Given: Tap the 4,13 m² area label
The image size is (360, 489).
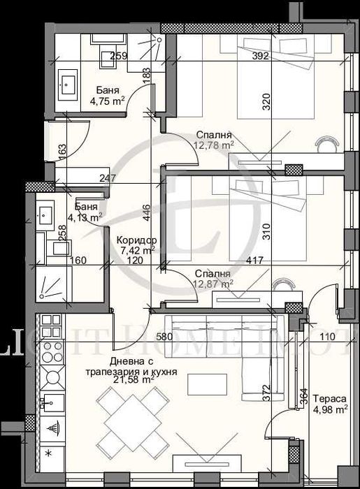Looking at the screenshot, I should click(x=84, y=217).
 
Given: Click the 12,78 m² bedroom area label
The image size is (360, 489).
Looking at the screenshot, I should click(x=213, y=145).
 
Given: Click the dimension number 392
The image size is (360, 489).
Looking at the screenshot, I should click(x=261, y=57).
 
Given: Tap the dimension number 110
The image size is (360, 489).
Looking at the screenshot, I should click(x=327, y=337).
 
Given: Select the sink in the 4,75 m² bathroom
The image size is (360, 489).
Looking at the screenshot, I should click(x=69, y=85).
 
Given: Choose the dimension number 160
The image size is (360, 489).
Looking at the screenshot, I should click(x=78, y=262).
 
